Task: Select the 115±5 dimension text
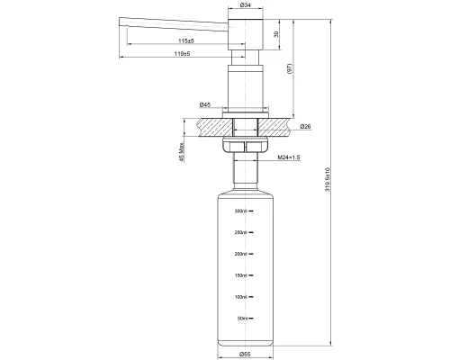[185, 41]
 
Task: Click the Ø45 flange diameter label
[205, 105]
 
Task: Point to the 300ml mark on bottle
[239, 211]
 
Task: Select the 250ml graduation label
[239, 233]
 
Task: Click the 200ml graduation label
[239, 254]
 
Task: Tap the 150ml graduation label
[239, 275]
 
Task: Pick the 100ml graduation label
[239, 296]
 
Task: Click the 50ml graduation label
[240, 318]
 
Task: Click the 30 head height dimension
[276, 33]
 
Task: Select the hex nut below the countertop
[243, 145]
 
